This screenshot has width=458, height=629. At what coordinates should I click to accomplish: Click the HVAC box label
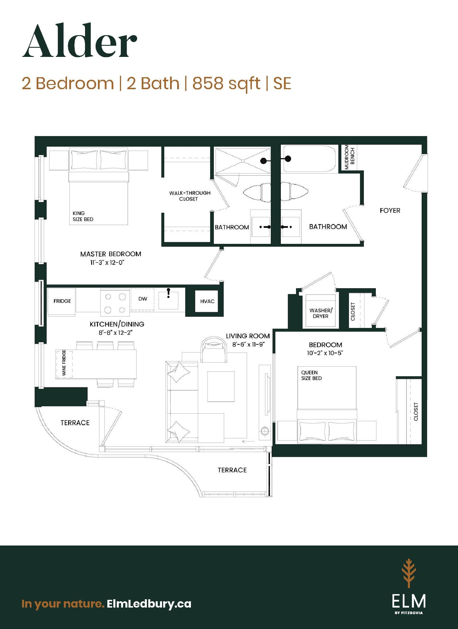pyautogui.click(x=207, y=301)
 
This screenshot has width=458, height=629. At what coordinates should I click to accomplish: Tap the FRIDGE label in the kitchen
pyautogui.click(x=62, y=301)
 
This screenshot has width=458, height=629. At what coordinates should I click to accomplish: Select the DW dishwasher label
pyautogui.click(x=143, y=299)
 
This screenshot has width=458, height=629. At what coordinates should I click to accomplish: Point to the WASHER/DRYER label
pyautogui.click(x=321, y=313)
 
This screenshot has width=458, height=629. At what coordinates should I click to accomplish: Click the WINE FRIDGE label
pyautogui.click(x=64, y=363)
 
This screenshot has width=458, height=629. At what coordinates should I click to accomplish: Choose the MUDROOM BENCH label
pyautogui.click(x=350, y=157)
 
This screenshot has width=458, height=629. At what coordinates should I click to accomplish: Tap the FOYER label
pyautogui.click(x=390, y=210)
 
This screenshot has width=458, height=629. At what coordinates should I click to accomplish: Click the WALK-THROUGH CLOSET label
pyautogui.click(x=189, y=196)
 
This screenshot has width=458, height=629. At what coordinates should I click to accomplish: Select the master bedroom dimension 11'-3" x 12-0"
pyautogui.click(x=107, y=262)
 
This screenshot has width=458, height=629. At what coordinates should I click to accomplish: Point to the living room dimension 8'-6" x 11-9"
pyautogui.click(x=248, y=345)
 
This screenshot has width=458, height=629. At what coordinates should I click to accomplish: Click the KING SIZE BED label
pyautogui.click(x=83, y=216)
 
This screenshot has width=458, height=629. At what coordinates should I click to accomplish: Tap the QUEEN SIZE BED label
pyautogui.click(x=311, y=375)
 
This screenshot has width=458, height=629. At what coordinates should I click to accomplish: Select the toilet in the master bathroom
pyautogui.click(x=257, y=192)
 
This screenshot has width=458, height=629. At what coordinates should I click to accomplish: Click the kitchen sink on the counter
pyautogui.click(x=168, y=300)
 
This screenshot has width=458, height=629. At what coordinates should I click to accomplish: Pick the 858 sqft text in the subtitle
pyautogui.click(x=226, y=83)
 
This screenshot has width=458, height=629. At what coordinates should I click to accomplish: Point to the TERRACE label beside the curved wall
pyautogui.click(x=75, y=423)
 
